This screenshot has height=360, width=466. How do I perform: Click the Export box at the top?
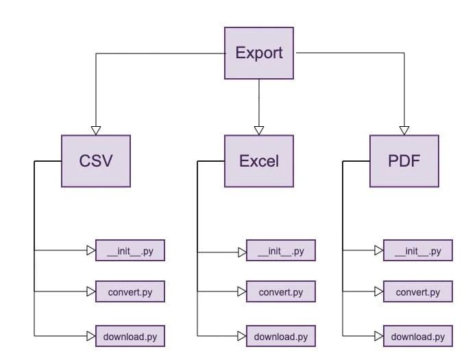(x=259, y=53)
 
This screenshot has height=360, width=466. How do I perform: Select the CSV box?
(x=96, y=161)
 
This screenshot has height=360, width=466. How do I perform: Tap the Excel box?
(x=259, y=161)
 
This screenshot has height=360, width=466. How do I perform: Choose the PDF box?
(x=404, y=161)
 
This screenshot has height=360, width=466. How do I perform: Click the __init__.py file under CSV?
(x=130, y=251)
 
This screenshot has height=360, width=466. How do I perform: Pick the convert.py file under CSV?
(x=130, y=292)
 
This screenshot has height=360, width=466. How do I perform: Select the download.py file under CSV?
(x=130, y=336)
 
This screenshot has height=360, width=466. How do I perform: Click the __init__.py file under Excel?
(x=281, y=251)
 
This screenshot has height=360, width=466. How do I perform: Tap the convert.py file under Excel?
(x=281, y=292)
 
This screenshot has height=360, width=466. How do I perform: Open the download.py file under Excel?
(x=281, y=336)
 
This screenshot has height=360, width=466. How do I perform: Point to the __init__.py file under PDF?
(x=418, y=251)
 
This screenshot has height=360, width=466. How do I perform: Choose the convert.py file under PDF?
(x=418, y=292)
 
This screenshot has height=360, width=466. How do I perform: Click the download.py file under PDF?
(x=418, y=336)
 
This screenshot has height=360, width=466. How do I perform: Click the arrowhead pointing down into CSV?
(x=96, y=130)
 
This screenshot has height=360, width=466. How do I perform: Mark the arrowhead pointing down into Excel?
(x=259, y=130)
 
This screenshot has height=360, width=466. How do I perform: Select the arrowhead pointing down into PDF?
(x=404, y=130)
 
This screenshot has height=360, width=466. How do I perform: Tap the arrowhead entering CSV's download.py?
(x=91, y=336)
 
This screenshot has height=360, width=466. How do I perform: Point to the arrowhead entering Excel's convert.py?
(x=242, y=292)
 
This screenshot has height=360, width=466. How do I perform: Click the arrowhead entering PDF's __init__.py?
(x=379, y=251)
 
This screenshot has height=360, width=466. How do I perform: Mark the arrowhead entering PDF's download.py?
(x=379, y=336)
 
